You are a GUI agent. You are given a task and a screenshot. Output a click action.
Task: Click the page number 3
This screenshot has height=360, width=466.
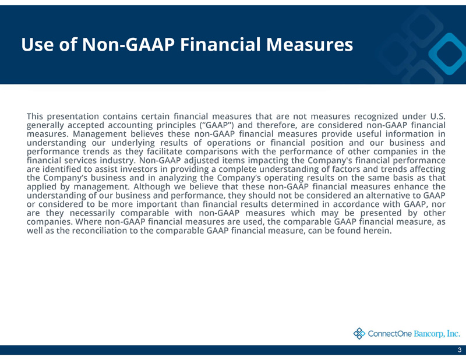(460, 350)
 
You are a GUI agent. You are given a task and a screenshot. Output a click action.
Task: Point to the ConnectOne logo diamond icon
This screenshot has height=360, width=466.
(359, 334)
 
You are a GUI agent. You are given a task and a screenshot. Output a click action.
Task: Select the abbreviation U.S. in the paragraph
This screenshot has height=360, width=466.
(438, 116)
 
